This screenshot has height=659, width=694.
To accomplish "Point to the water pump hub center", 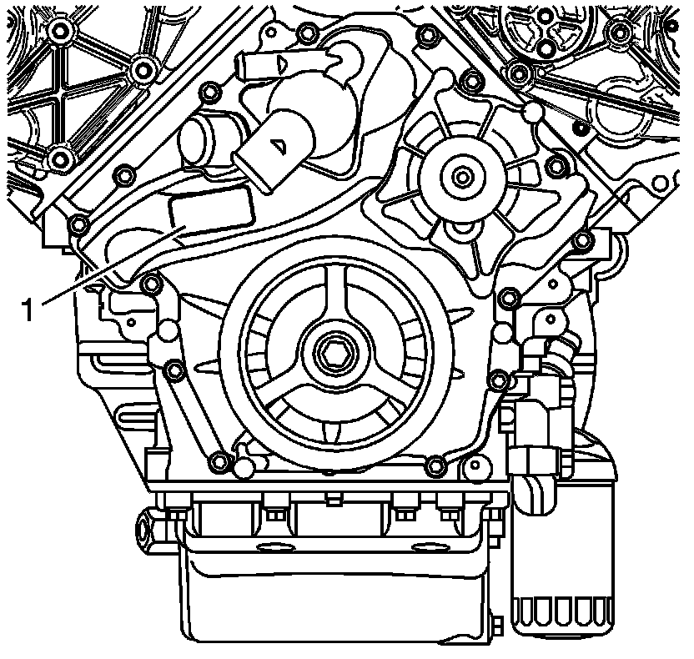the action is [x=461, y=177].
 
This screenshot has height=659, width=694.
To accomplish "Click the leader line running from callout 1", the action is [x=108, y=267].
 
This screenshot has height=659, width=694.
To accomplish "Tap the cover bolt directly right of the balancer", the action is [x=500, y=382].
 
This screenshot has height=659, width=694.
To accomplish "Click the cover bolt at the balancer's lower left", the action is [x=219, y=461].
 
